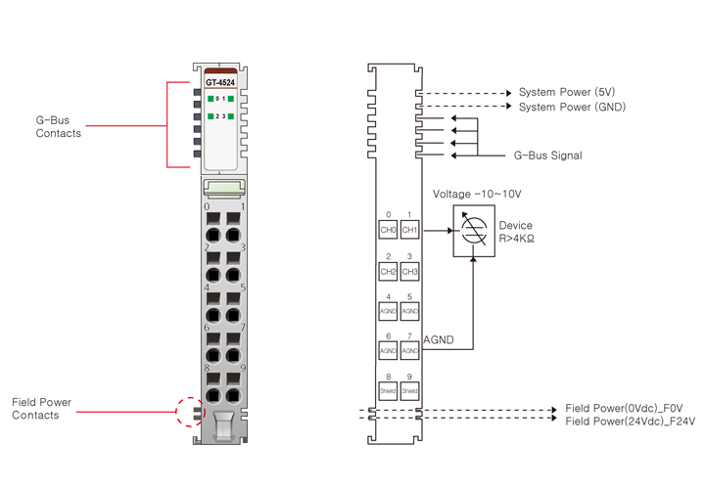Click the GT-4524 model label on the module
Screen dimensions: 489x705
click(x=220, y=82)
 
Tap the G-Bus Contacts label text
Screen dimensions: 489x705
click(x=58, y=126)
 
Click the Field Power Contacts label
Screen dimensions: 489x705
click(x=41, y=409)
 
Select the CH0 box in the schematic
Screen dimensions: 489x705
click(x=388, y=231)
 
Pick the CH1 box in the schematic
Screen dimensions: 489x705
click(x=409, y=231)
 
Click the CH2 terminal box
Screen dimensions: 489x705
click(x=388, y=271)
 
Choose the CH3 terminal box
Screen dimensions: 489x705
click(x=409, y=271)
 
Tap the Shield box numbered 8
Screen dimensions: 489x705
click(x=388, y=389)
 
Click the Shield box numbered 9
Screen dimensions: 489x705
click(x=409, y=389)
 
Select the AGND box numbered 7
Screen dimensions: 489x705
click(x=409, y=349)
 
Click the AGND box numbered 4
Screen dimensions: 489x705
click(x=388, y=311)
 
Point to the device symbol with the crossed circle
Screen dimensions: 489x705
click(x=473, y=232)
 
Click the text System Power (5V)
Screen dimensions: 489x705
click(x=569, y=92)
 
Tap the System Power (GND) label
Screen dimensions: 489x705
click(x=572, y=107)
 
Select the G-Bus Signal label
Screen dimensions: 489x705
click(x=547, y=156)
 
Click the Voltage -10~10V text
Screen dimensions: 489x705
click(x=477, y=194)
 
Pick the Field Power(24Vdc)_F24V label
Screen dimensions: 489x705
click(x=630, y=422)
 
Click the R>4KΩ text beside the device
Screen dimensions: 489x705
click(x=516, y=239)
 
